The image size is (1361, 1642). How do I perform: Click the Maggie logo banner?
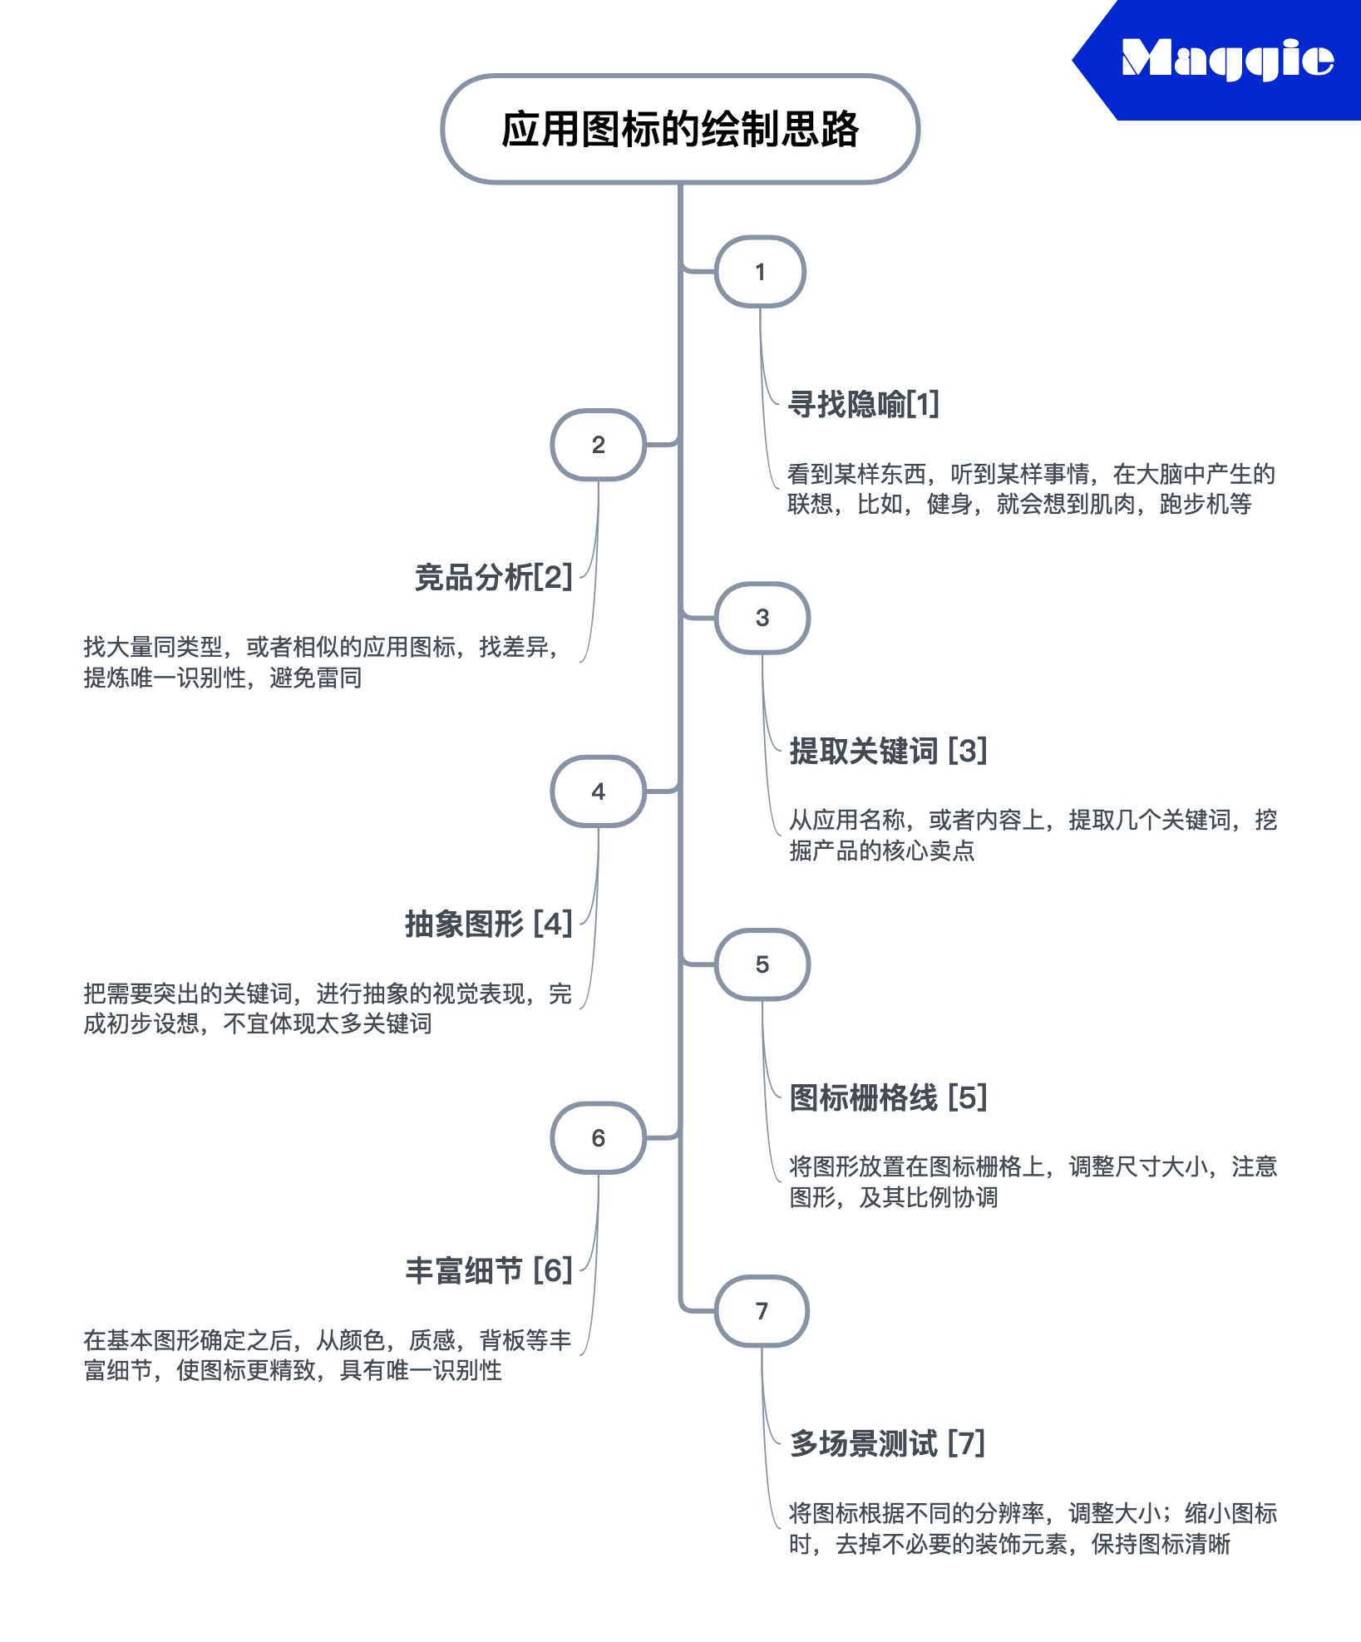(x=1222, y=60)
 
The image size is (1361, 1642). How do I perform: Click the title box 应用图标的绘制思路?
(x=680, y=129)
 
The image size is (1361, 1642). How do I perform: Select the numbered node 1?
(x=760, y=272)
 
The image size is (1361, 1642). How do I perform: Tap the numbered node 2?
(x=598, y=445)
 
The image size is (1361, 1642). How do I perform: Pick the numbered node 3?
(x=762, y=618)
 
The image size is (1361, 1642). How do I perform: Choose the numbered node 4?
(x=598, y=791)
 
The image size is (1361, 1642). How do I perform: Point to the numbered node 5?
(x=762, y=964)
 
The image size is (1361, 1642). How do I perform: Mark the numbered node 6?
(x=598, y=1138)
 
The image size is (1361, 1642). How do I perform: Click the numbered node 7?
(x=762, y=1311)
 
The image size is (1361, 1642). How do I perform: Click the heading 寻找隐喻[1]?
(x=863, y=404)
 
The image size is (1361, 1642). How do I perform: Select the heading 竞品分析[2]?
(x=494, y=577)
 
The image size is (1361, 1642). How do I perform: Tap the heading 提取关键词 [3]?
(x=888, y=751)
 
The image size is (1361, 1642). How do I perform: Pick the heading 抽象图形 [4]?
(x=489, y=924)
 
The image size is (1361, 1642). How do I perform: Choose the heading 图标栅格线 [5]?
(x=888, y=1097)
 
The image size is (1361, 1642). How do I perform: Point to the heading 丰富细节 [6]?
(x=489, y=1270)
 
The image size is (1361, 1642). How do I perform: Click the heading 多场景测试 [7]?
(x=887, y=1444)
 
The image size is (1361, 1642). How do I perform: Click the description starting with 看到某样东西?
(x=1031, y=489)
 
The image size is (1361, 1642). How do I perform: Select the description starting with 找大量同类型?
(x=321, y=662)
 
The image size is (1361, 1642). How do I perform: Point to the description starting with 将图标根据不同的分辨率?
(x=1033, y=1528)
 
